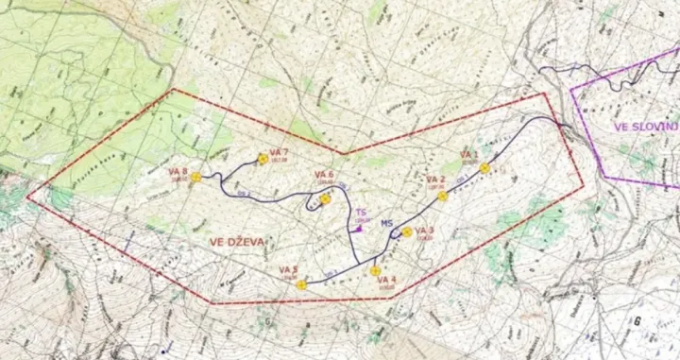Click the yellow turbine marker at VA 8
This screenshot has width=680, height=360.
pyautogui.click(x=195, y=177)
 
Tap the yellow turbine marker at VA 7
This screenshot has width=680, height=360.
pyautogui.click(x=263, y=160)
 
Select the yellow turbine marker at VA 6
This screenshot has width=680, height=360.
pyautogui.click(x=325, y=199)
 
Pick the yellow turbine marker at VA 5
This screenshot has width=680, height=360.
pyautogui.click(x=300, y=284)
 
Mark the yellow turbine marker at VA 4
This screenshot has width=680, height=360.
pyautogui.click(x=375, y=271)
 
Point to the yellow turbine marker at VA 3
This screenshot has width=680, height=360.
pyautogui.click(x=406, y=231)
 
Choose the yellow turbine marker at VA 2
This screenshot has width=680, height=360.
pyautogui.click(x=442, y=197)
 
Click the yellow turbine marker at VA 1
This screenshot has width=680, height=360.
pyautogui.click(x=484, y=168)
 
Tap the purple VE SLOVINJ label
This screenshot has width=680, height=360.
pyautogui.click(x=646, y=126)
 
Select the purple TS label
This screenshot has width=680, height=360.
pyautogui.click(x=361, y=214)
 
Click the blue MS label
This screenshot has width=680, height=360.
pyautogui.click(x=386, y=224)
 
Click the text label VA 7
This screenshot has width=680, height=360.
pyautogui.click(x=278, y=152)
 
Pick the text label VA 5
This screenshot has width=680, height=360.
pyautogui.click(x=288, y=271)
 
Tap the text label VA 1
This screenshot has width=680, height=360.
pyautogui.click(x=469, y=153)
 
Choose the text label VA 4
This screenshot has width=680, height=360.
pyautogui.click(x=386, y=281)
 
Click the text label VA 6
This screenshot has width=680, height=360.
pyautogui.click(x=325, y=174)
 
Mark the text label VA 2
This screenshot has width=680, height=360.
pyautogui.click(x=435, y=180)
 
